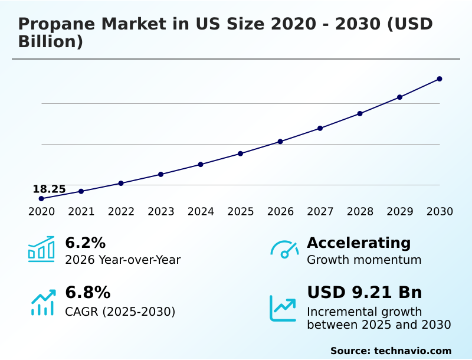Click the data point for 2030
coord(440,78)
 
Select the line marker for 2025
coord(240,153)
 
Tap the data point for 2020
coord(41,199)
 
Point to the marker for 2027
coord(320,128)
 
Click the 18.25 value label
coord(49,189)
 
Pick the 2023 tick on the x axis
coord(160,212)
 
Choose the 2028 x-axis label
coord(360,212)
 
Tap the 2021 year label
coord(81,212)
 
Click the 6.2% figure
coord(85,243)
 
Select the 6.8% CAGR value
coord(87,293)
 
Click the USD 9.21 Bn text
coord(364,293)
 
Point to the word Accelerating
coord(359,243)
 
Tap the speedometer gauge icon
coord(284,250)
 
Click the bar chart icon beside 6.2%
coord(41,249)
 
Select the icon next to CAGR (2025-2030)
coord(42,303)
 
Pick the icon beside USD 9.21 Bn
coord(283,308)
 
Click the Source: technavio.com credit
coord(391,351)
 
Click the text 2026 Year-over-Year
coord(123,260)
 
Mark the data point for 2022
coord(121,183)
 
